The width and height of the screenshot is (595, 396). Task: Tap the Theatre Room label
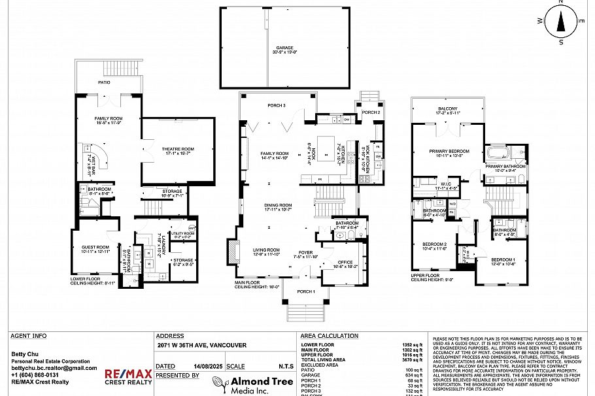pos(178,151)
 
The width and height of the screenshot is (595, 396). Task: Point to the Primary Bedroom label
pos(447,153)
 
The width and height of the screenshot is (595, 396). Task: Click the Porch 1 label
pos(305,291)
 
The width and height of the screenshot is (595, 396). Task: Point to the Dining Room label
pos(278,206)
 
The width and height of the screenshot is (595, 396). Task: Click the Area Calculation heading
pos(329,336)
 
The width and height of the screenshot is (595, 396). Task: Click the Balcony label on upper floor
pos(447,109)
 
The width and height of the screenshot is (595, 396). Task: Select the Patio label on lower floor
pos(104,83)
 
